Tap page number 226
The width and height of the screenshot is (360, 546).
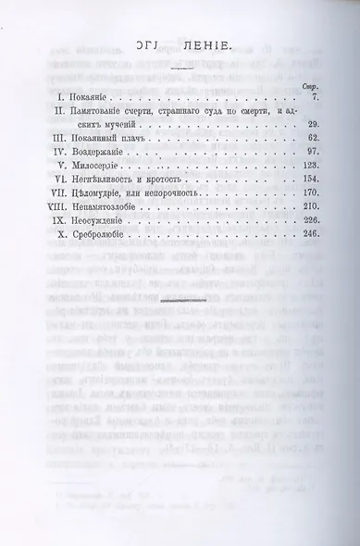pos(309,242)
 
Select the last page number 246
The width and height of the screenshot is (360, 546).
pos(309,258)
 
